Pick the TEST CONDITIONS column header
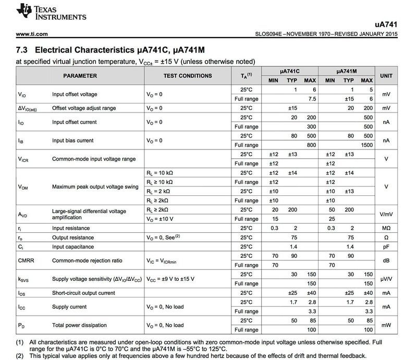pos(187,76)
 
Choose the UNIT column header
pos(386,76)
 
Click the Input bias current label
pos(72,141)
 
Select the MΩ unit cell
pos(386,228)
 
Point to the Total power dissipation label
pos(79,325)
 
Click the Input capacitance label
pos(73,246)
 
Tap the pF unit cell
pos(386,246)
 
